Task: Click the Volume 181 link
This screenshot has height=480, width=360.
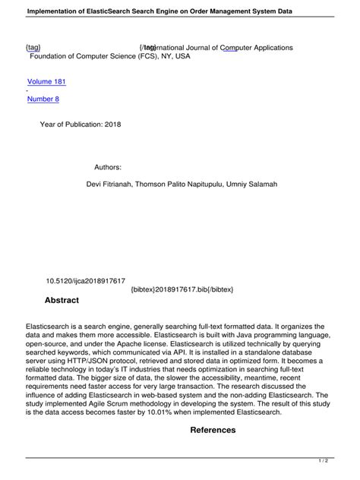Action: pos(46,82)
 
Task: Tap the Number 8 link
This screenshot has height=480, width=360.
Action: pos(43,99)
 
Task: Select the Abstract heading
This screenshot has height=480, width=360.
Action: pos(62,301)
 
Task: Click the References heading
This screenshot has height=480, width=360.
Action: pos(213,430)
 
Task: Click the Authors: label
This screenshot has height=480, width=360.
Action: pos(108,166)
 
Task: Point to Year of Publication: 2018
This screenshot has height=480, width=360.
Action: pos(80,124)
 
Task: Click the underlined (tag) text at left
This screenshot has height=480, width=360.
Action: pos(33,48)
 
